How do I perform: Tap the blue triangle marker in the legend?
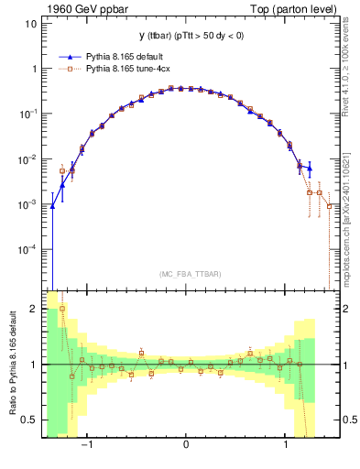[x=71, y=56]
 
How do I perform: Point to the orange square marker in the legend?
[x=71, y=68]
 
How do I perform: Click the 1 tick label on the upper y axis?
[x=36, y=69]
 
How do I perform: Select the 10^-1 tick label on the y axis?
[x=30, y=114]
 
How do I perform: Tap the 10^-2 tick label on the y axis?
[x=30, y=158]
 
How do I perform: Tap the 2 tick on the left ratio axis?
[x=36, y=309]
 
